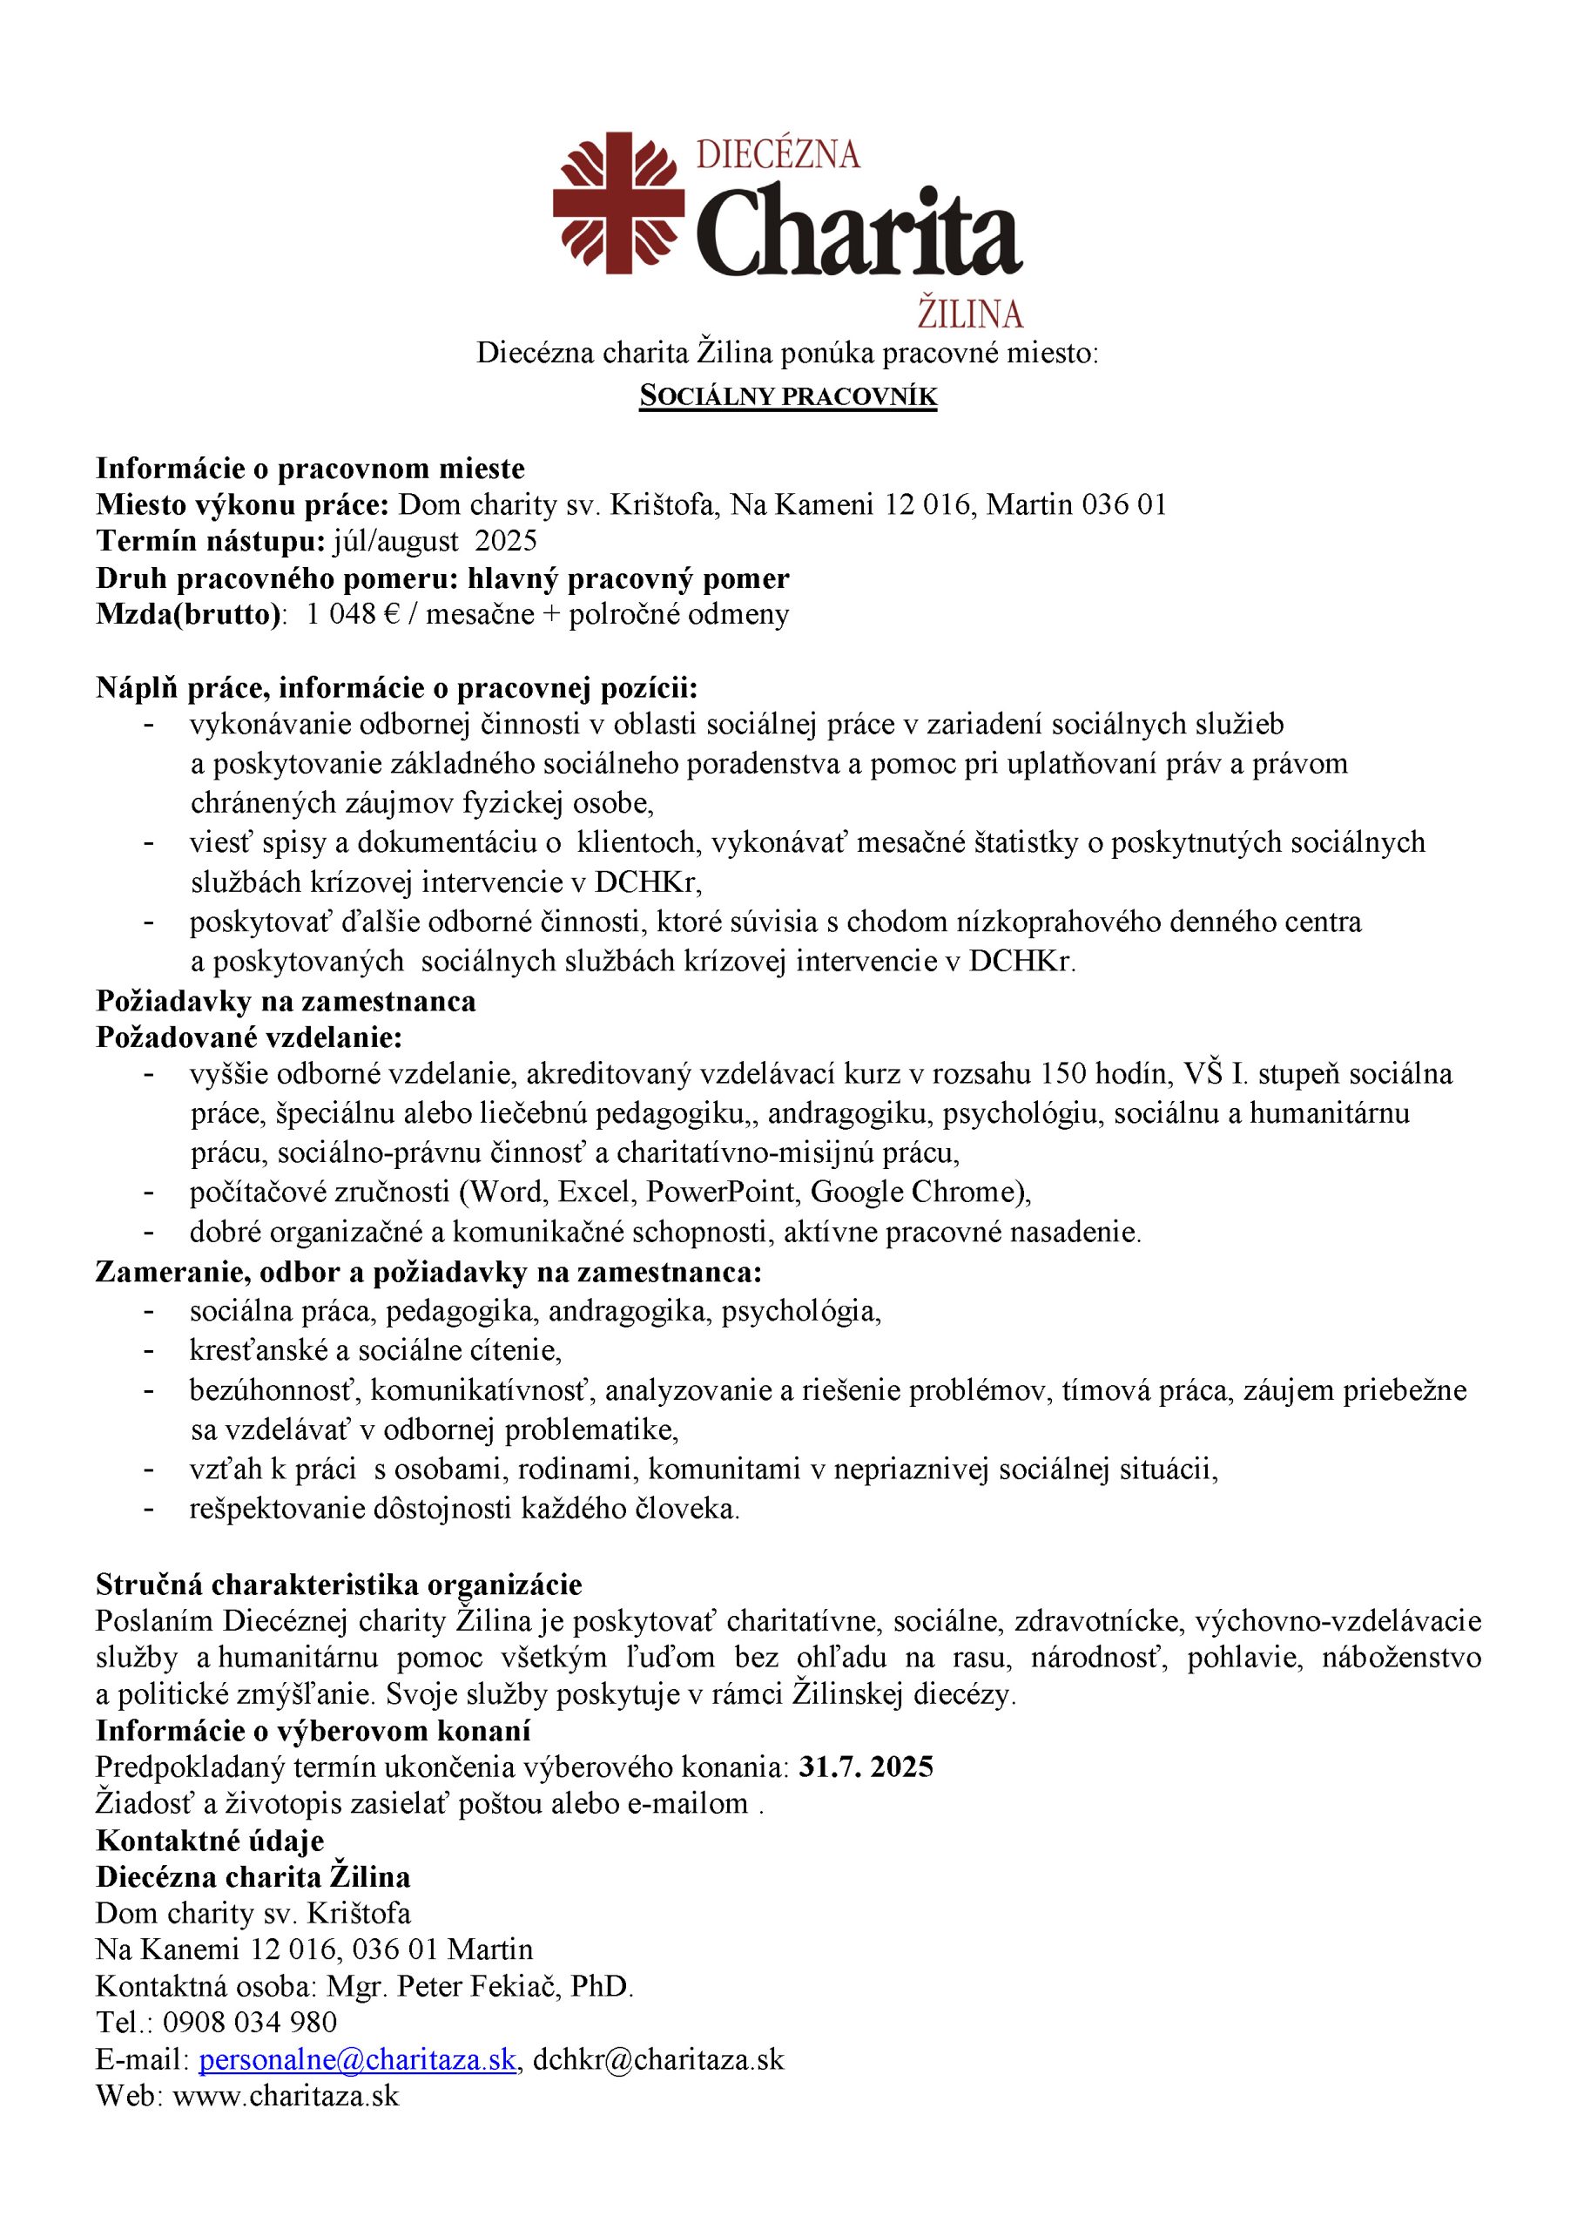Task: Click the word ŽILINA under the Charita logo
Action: pyautogui.click(x=970, y=314)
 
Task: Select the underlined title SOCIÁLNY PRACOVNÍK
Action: pyautogui.click(x=787, y=396)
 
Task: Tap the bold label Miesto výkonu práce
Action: pyautogui.click(x=243, y=505)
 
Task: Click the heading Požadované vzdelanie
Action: pyautogui.click(x=248, y=1037)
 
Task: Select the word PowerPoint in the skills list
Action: pyautogui.click(x=719, y=1192)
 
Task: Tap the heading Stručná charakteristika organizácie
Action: pyautogui.click(x=339, y=1585)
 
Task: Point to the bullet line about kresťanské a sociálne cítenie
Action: pyautogui.click(x=376, y=1350)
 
